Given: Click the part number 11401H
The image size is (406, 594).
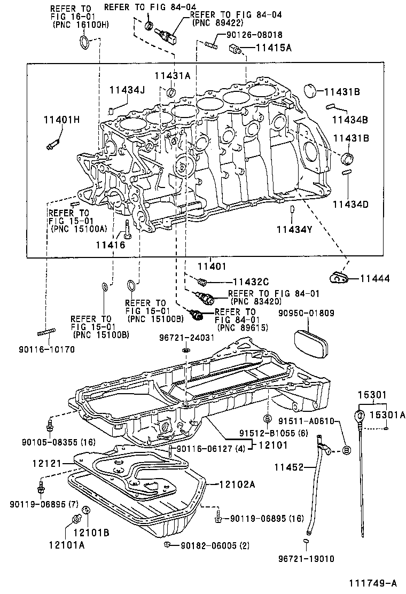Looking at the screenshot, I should click(x=61, y=119).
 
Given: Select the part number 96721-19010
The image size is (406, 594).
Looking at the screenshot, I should click(x=306, y=559).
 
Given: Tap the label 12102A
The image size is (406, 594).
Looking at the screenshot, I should click(x=237, y=485).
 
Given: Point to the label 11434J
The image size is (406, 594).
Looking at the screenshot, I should click(x=127, y=90).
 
